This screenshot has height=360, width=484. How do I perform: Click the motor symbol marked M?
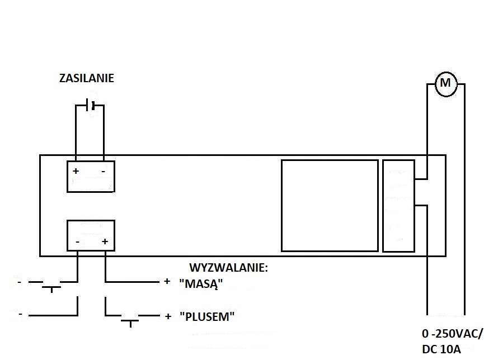[446, 84]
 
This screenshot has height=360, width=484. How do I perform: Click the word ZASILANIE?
[87, 78]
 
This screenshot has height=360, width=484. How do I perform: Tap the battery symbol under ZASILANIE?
[90, 105]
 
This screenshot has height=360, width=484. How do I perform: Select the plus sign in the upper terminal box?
[76, 170]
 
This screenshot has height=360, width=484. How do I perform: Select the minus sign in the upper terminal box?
[104, 170]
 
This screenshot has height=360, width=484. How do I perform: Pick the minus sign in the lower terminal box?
[77, 242]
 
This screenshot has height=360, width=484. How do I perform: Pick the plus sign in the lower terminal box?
[105, 242]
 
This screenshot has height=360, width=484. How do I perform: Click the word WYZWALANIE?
[229, 268]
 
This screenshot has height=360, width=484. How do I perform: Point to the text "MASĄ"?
[201, 283]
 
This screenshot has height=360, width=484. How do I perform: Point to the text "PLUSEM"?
[206, 316]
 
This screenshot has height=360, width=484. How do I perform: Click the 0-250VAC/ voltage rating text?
[452, 334]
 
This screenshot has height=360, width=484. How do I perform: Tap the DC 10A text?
[441, 349]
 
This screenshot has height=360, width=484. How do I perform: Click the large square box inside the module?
[330, 205]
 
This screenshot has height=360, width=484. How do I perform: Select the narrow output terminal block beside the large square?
[398, 205]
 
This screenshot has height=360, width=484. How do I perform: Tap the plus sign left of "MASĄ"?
[166, 282]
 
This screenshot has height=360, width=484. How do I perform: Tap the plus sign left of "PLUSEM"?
[167, 316]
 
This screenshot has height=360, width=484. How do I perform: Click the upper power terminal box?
[91, 176]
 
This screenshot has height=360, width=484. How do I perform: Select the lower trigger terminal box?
[91, 235]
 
